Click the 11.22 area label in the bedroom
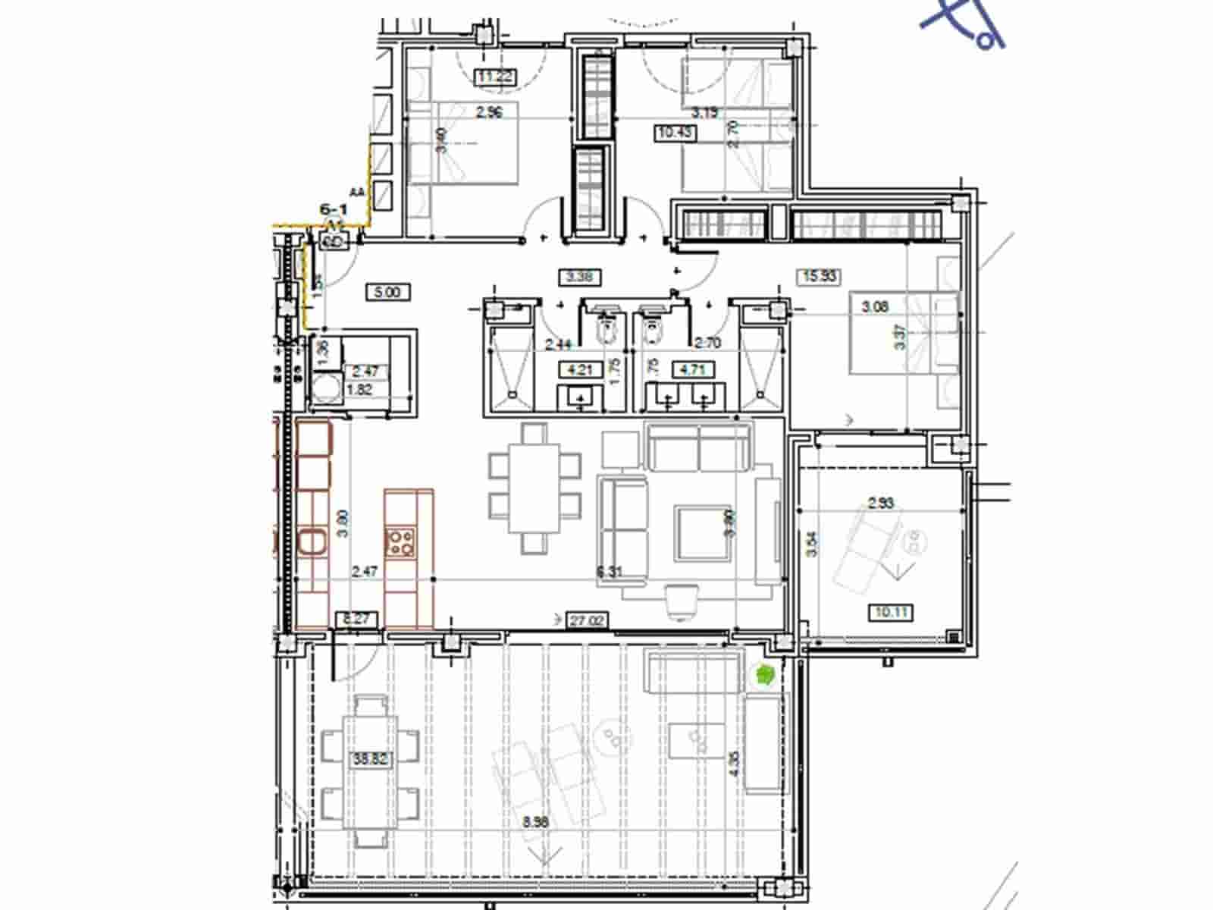tap(494, 76)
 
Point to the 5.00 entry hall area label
tap(387, 292)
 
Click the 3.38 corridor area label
tap(579, 277)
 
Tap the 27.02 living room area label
tap(588, 620)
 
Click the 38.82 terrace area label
tap(370, 758)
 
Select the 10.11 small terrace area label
tap(892, 611)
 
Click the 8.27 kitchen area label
tap(356, 619)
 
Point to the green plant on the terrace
tap(764, 674)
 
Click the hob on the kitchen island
tap(401, 541)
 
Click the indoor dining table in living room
tap(534, 488)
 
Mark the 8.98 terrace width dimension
tap(535, 821)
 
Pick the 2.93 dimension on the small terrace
tap(881, 503)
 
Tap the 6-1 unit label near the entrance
tap(333, 209)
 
